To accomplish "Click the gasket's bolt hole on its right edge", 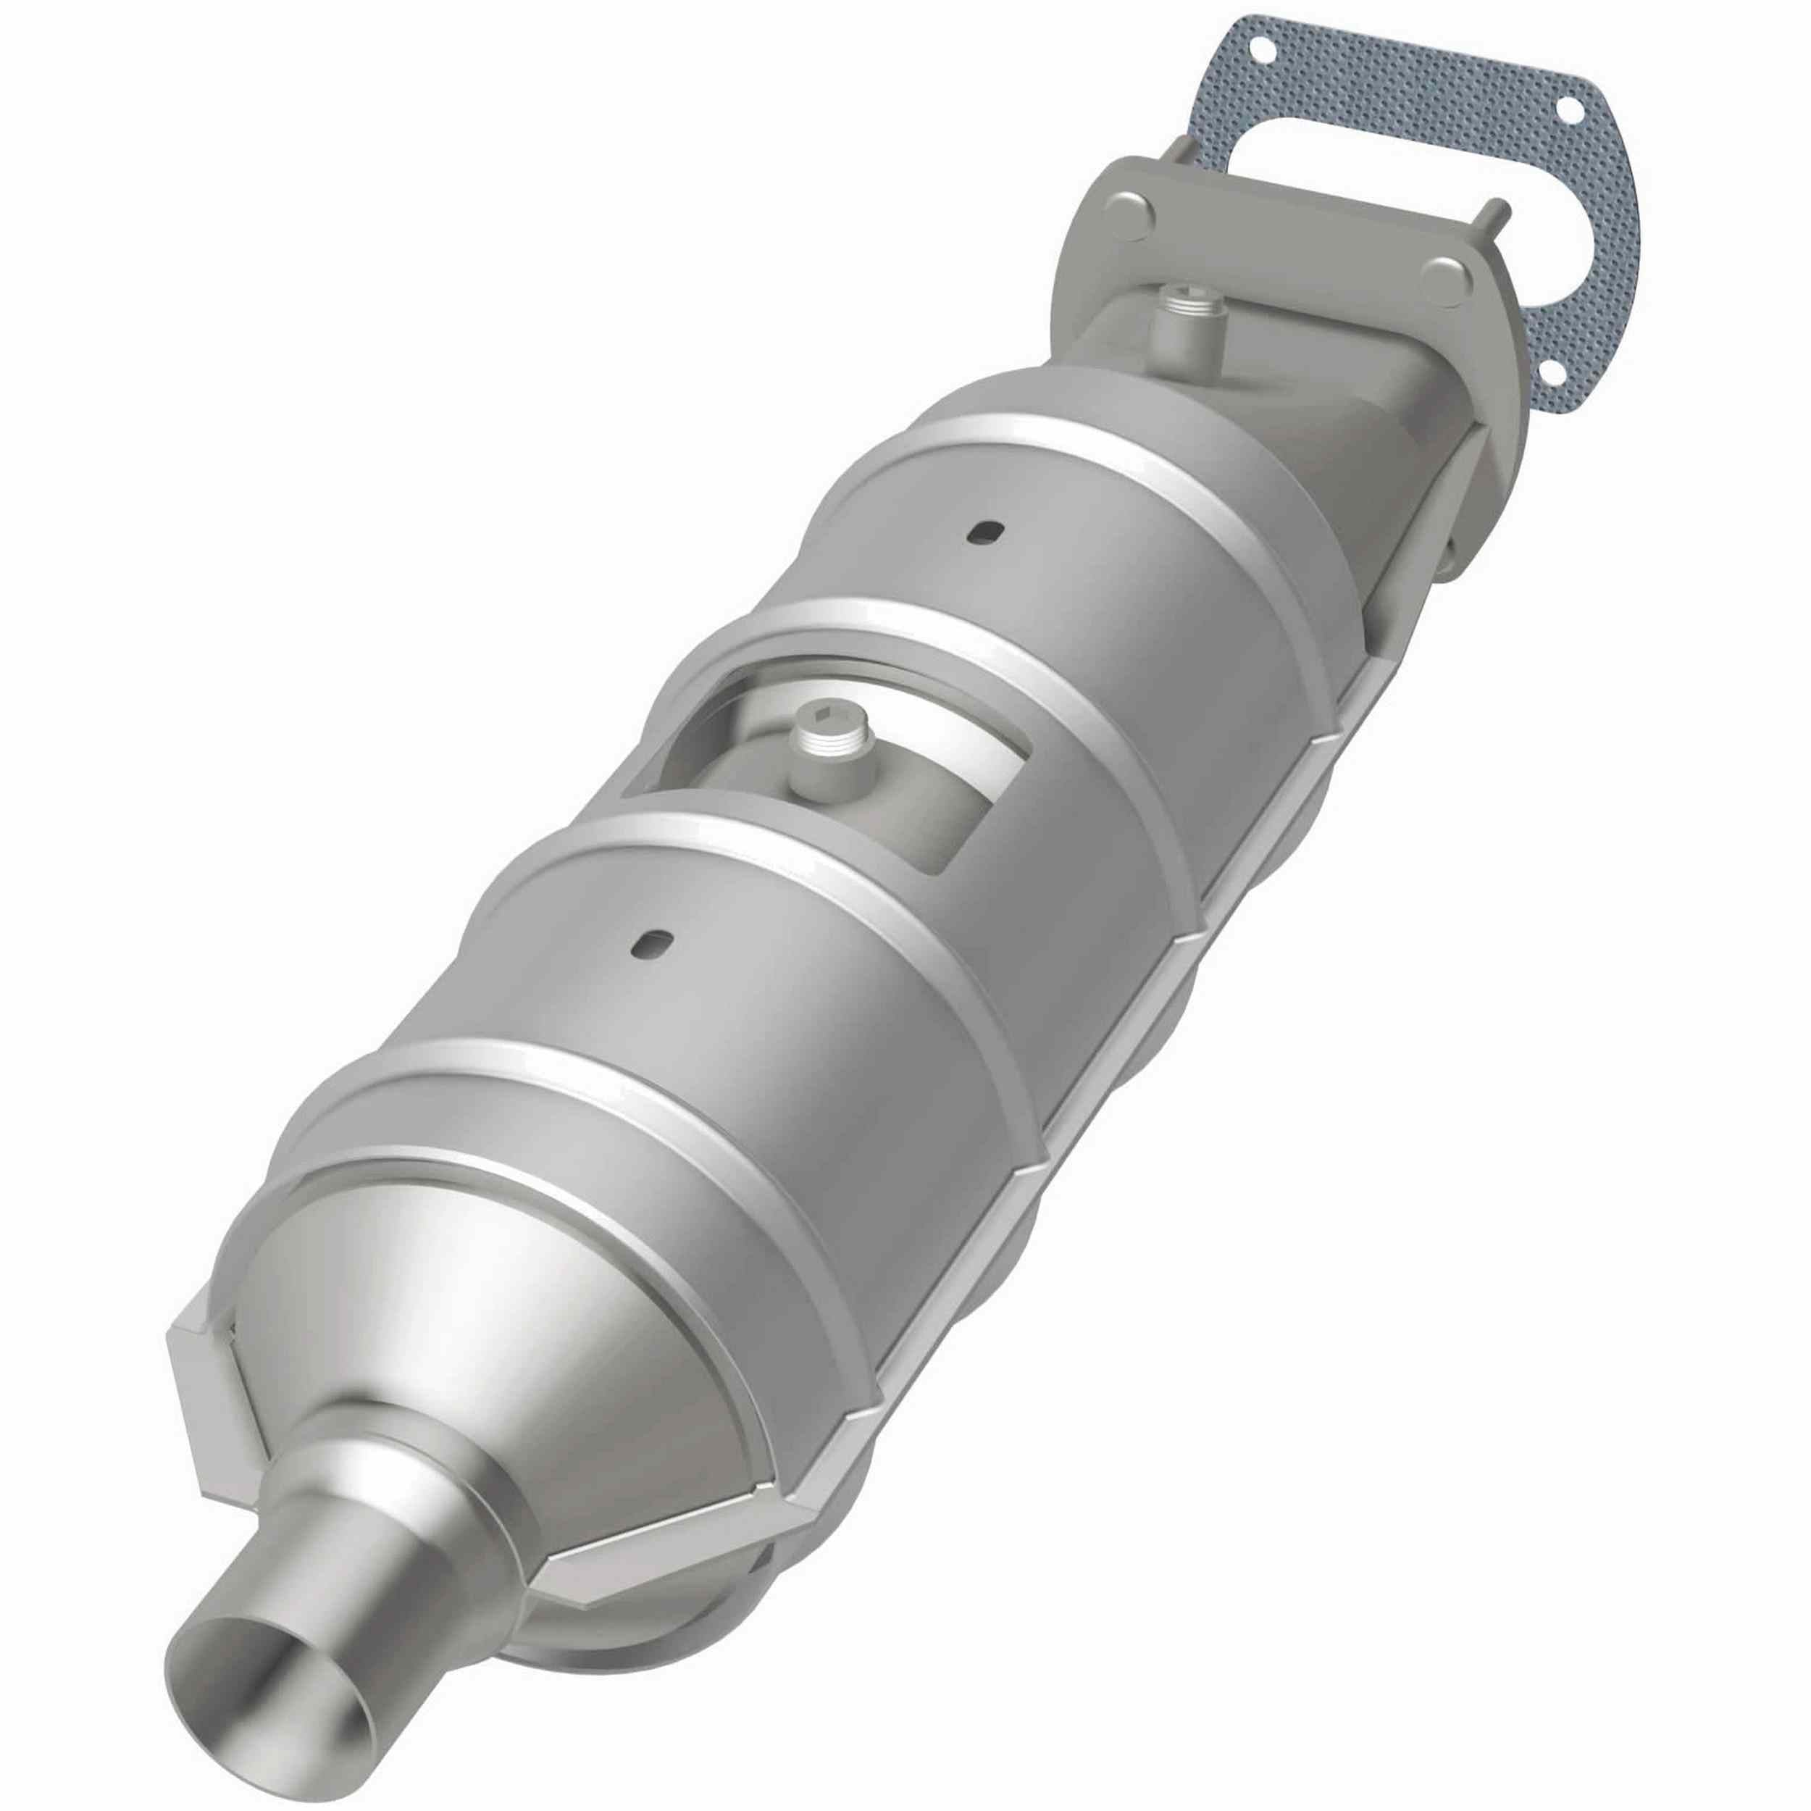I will [x=1565, y=137].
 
